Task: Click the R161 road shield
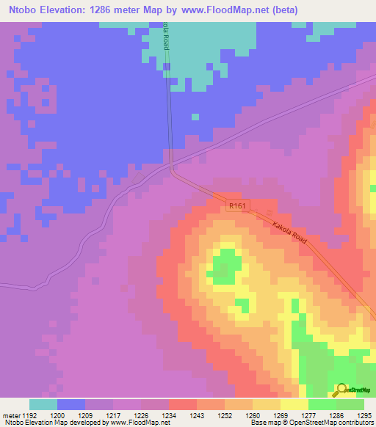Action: pos(234,207)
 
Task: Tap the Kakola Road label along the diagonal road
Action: pos(288,235)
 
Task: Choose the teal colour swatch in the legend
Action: pos(43,404)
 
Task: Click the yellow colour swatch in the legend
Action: pos(294,404)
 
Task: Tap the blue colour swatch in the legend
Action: pos(71,404)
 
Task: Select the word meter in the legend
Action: pos(10,415)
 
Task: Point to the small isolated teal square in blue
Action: pos(195,116)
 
